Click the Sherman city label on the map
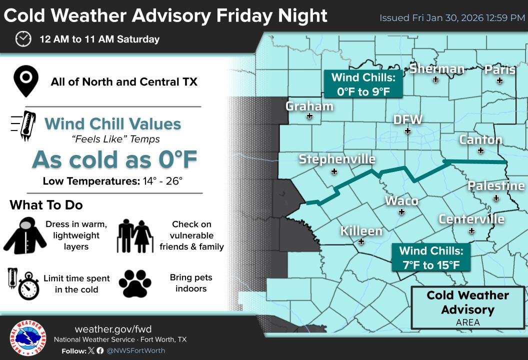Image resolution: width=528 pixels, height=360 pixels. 437,69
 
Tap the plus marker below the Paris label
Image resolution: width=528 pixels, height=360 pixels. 499,80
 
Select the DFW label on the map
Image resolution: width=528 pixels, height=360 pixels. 408,120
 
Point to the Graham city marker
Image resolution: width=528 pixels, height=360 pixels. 309,116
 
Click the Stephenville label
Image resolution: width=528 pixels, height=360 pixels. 337,159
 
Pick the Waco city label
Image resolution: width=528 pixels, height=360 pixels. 401,200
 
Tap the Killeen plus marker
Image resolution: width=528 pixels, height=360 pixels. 361,241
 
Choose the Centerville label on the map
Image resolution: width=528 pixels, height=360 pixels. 471,219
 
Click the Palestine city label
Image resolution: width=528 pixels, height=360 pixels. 496,186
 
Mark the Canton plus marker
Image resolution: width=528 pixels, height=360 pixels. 480,150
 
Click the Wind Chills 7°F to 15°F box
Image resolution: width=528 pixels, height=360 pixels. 431,257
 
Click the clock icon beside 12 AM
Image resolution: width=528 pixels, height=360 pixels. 23,38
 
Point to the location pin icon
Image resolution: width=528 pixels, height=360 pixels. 26,81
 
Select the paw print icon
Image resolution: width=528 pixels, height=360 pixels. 135,283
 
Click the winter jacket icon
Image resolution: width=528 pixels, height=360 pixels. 25,236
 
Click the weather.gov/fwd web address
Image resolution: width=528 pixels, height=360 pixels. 113,329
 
